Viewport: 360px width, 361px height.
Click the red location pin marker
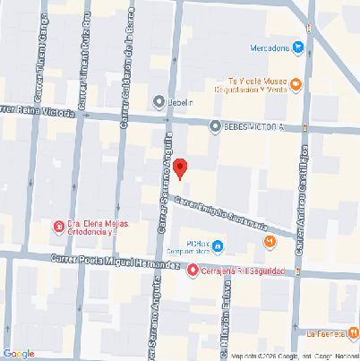[180, 168]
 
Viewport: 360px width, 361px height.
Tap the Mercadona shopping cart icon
[298, 47]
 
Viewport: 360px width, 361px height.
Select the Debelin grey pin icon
[159, 102]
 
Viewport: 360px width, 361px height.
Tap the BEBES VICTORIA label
[253, 126]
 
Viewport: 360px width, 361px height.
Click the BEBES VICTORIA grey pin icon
[215, 126]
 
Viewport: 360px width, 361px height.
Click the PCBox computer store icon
[218, 247]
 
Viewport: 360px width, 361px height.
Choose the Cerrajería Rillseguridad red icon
[193, 271]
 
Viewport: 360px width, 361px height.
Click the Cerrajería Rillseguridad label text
[243, 271]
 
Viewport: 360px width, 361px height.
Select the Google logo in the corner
[18, 353]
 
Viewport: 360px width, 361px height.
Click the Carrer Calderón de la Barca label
[127, 67]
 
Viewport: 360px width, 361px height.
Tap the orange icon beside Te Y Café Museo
[296, 85]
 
